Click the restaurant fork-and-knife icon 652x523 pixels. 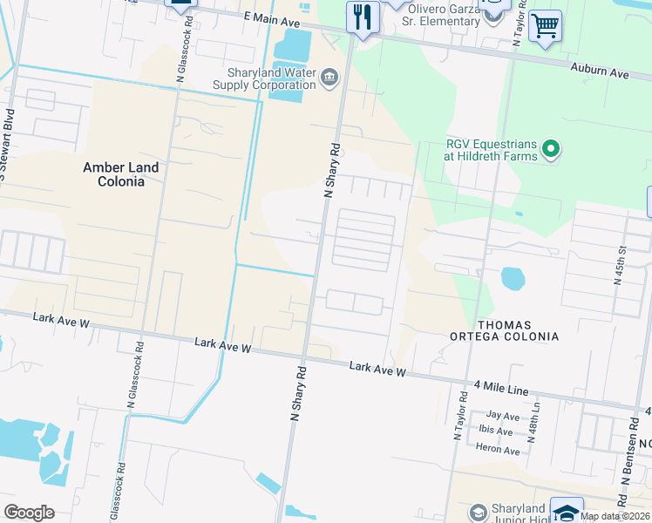coord(362,17)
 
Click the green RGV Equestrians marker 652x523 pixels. coord(550,150)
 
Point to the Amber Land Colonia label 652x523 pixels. coord(121,174)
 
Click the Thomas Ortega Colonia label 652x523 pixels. coord(504,330)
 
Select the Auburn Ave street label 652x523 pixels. coord(600,70)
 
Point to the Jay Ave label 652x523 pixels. coord(503,416)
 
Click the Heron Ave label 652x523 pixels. coord(498,449)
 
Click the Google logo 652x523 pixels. coord(29,513)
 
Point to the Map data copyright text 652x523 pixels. coord(615,516)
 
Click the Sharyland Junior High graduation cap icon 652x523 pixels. coord(567,512)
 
